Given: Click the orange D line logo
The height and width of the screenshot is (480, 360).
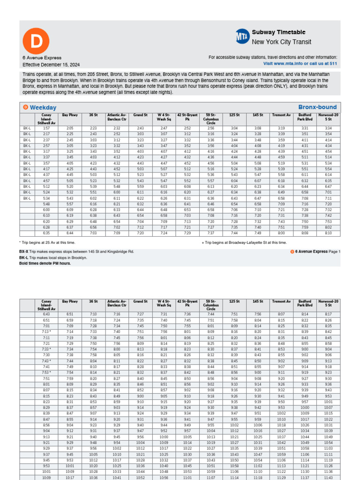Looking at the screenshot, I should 36,42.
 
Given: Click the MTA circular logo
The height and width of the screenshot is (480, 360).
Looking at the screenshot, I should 242,36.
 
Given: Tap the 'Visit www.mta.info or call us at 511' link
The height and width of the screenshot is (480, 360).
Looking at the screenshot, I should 300,63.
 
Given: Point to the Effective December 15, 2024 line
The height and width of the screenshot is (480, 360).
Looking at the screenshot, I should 51,64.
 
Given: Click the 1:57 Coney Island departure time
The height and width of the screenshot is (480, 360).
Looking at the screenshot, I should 46,128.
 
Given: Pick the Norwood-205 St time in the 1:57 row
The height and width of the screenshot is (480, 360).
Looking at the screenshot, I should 328,128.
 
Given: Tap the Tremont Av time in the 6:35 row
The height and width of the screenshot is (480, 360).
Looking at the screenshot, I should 281,233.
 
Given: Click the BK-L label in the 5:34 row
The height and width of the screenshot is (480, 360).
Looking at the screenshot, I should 27,198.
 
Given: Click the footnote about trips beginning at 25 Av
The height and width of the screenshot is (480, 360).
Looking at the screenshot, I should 47,243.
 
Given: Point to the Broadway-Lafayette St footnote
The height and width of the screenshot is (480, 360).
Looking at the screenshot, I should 244,243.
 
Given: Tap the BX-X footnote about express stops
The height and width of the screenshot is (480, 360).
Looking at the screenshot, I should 76,252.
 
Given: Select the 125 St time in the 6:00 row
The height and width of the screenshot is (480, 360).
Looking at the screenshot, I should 234,210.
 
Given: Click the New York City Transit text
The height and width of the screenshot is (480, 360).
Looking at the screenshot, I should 281,42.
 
